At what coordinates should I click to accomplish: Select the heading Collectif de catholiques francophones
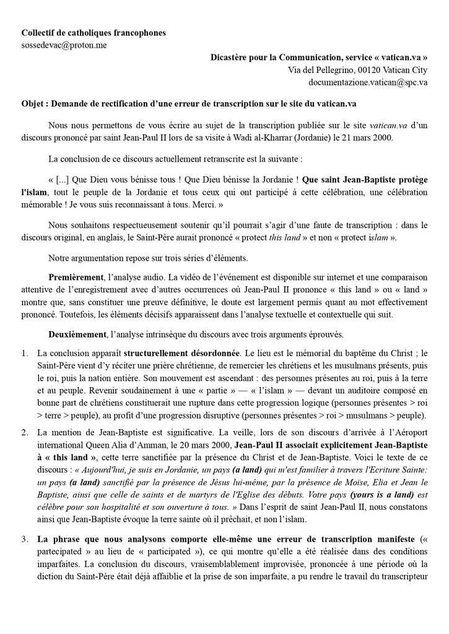(x=93, y=32)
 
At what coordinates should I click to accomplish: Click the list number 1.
(x=25, y=354)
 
